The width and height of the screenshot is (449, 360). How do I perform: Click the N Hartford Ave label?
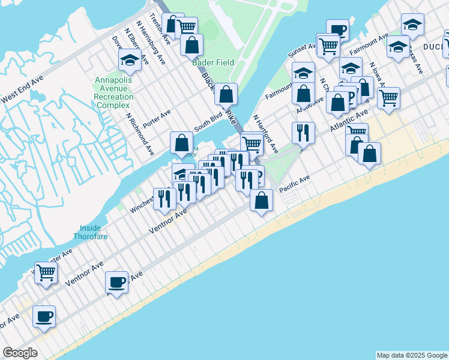(265, 134)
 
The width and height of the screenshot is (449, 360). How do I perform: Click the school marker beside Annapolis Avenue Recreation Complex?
(130, 59)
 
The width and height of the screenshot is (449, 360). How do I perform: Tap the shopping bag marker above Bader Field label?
(191, 44)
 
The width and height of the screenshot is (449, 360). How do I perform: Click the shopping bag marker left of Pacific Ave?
(261, 200)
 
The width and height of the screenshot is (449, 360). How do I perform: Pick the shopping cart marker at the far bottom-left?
(46, 272)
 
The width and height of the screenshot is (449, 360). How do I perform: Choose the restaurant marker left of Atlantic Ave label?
(303, 131)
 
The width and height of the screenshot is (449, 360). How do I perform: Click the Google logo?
(20, 353)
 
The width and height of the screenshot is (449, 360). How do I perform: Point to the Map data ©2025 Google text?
(412, 355)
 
